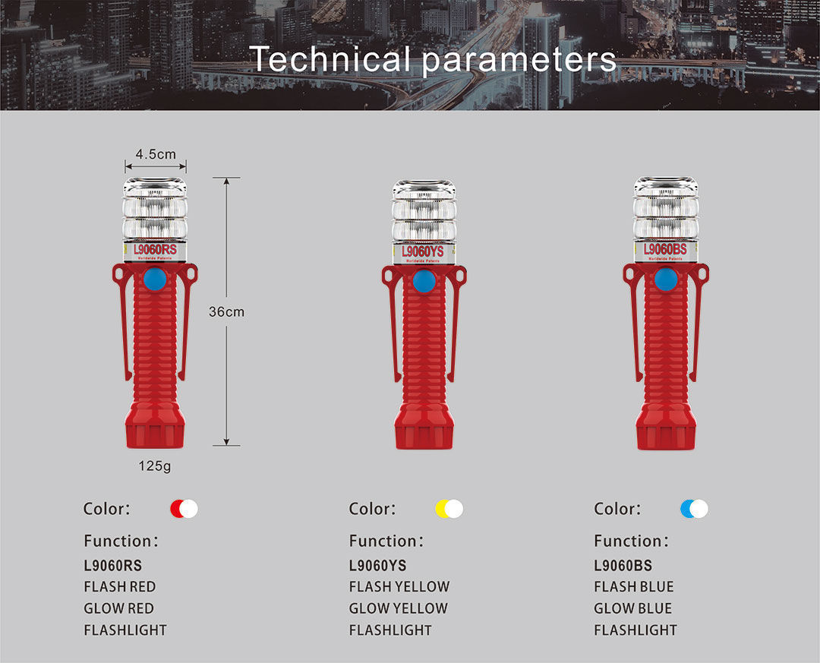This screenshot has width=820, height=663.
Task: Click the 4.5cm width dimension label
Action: [x=156, y=154]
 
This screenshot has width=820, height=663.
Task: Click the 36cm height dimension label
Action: [x=226, y=311]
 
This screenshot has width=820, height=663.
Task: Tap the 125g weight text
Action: [x=154, y=466]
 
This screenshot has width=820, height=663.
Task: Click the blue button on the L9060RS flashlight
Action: [x=155, y=279]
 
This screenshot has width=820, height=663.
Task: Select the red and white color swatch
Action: [x=184, y=509]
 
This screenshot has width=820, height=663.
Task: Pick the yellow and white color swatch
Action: [x=449, y=509]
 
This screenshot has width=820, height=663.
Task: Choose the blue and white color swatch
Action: [x=694, y=509]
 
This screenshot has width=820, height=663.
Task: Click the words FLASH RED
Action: [x=119, y=586]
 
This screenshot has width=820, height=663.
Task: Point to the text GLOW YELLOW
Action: [x=398, y=608]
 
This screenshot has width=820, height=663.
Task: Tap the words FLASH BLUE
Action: [x=633, y=586]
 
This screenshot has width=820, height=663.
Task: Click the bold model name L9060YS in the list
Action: [x=377, y=565]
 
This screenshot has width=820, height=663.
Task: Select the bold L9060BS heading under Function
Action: [x=623, y=565]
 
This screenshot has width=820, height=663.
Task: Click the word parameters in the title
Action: [x=519, y=59]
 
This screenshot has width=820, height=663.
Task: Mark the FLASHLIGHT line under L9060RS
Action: [x=125, y=630]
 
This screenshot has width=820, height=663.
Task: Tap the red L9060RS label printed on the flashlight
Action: [x=155, y=248]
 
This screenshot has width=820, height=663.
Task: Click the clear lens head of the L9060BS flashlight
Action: [x=665, y=209]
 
